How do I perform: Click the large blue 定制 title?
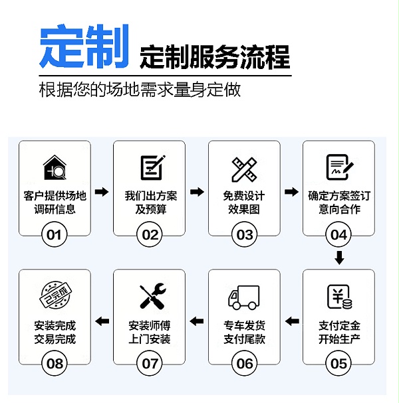pyautogui.click(x=84, y=46)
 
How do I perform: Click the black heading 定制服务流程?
pyautogui.click(x=215, y=57)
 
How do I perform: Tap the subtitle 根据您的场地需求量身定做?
pyautogui.click(x=140, y=90)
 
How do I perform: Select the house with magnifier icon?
pyautogui.click(x=55, y=167)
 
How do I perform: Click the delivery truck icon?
pyautogui.click(x=244, y=297)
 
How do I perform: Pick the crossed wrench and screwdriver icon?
pyautogui.click(x=152, y=296)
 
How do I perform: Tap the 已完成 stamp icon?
pyautogui.click(x=55, y=295)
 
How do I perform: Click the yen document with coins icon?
pyautogui.click(x=340, y=297)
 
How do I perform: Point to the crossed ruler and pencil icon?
pyautogui.click(x=244, y=169)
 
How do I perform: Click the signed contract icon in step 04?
pyautogui.click(x=340, y=167)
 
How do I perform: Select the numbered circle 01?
pyautogui.click(x=55, y=234)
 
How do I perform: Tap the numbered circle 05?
pyautogui.click(x=338, y=363)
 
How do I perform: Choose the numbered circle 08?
pyautogui.click(x=55, y=363)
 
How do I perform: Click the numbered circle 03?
pyautogui.click(x=244, y=234)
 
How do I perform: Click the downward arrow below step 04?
pyautogui.click(x=339, y=258)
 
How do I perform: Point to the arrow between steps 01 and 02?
pyautogui.click(x=102, y=192)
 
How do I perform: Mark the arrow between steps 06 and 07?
pyautogui.click(x=197, y=321)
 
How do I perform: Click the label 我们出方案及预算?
pyautogui.click(x=151, y=202)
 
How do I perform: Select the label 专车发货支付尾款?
pyautogui.click(x=244, y=332)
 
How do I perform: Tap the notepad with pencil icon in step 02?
pyautogui.click(x=152, y=167)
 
